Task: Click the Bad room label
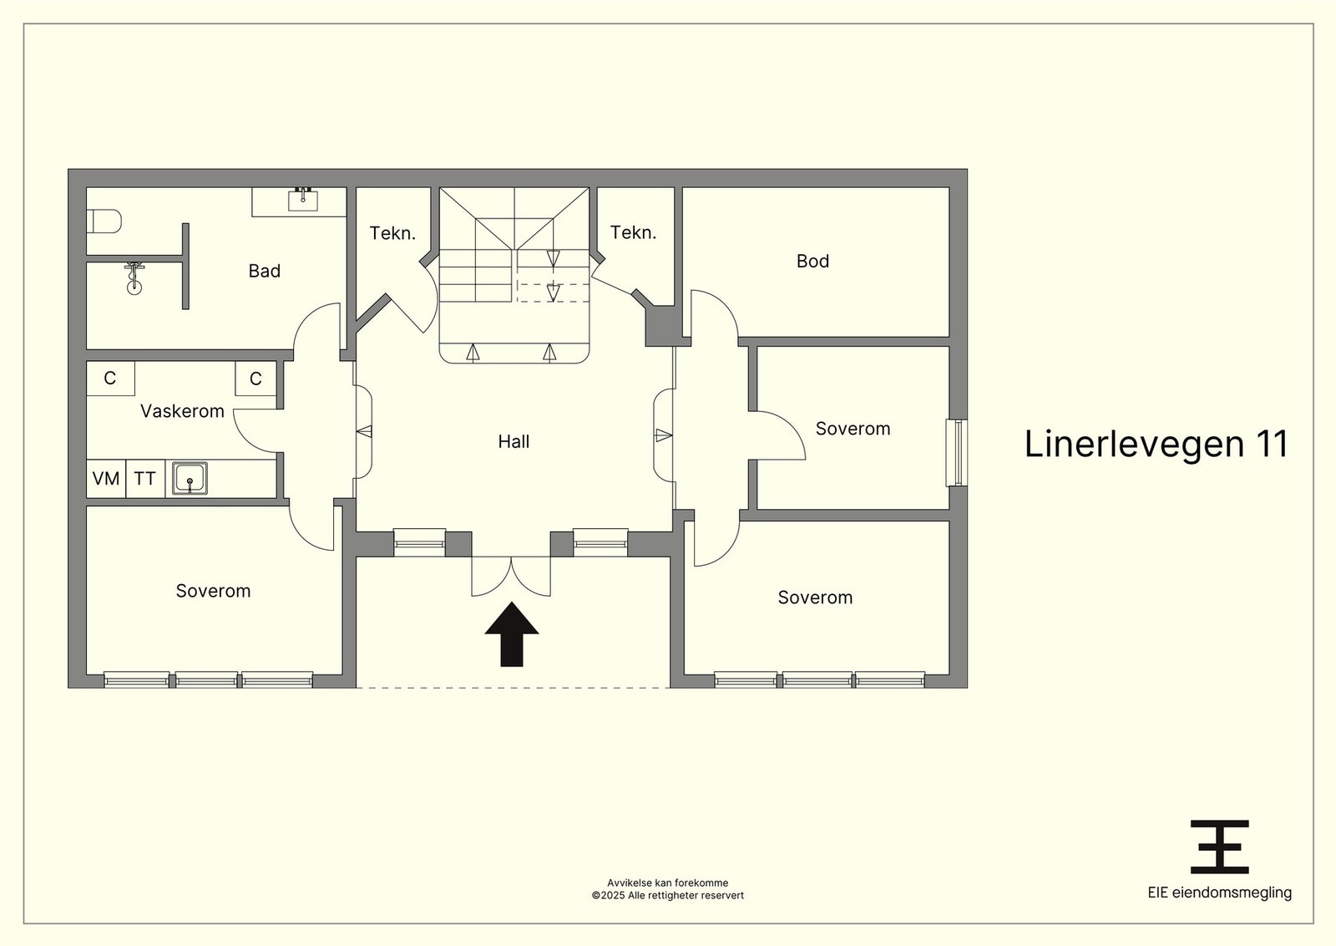point(264,271)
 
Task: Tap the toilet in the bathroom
point(104,221)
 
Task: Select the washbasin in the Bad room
point(303,200)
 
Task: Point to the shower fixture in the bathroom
point(134,278)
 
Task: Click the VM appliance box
point(106,478)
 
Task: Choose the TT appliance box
point(145,478)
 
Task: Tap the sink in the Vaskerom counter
point(190,479)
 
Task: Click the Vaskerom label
point(182,411)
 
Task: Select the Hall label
point(514,442)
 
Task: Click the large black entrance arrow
point(512,633)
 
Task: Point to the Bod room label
point(812,261)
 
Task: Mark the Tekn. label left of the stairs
point(392,233)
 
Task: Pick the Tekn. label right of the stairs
point(633,232)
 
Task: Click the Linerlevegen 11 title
point(1156,444)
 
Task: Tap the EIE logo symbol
point(1220,847)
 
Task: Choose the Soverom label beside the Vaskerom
point(213,591)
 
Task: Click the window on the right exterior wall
point(957,453)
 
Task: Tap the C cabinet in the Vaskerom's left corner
point(110,378)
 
